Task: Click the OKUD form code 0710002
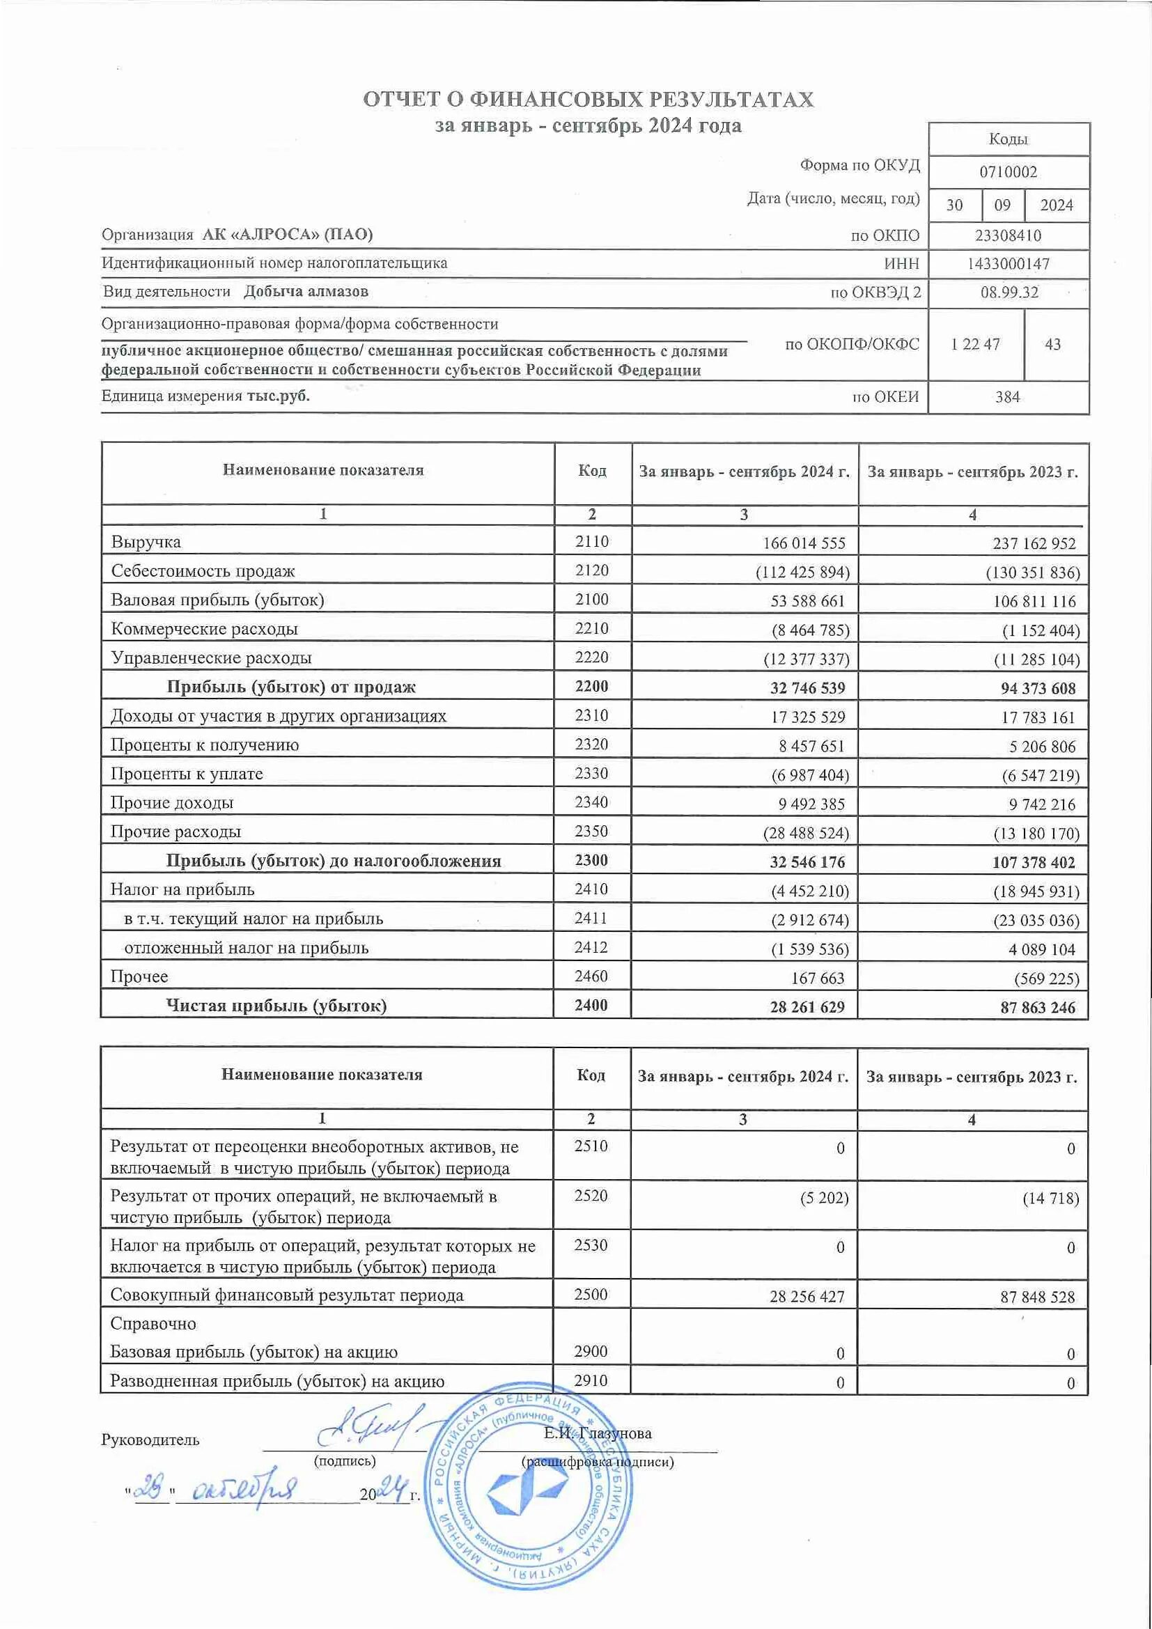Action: [x=1008, y=173]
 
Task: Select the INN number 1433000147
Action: [x=1008, y=264]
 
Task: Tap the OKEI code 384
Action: [x=1007, y=397]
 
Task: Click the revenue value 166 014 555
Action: [x=804, y=543]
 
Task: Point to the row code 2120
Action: [x=591, y=570]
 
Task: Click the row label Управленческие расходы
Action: [x=212, y=657]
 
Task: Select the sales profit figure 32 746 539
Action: [x=807, y=688]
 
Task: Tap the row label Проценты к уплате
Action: [x=187, y=774]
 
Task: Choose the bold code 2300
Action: [x=591, y=861]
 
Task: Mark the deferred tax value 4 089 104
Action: [x=1041, y=949]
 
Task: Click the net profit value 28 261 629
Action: [x=807, y=1008]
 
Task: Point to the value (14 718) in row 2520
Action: [x=1050, y=1199]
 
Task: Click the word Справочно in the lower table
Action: [x=153, y=1323]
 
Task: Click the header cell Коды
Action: [x=1008, y=139]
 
